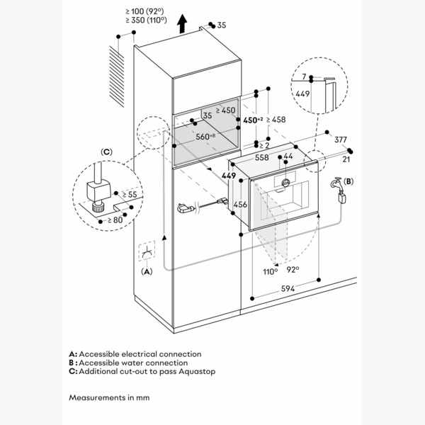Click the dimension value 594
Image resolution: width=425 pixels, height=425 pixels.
pos(287,288)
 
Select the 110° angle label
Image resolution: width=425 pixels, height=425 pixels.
pos(270,271)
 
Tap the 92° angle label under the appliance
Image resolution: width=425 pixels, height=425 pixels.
pos(292,269)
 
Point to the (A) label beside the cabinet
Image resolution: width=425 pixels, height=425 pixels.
pos(147,271)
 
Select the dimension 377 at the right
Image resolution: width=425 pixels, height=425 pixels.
pos(341,140)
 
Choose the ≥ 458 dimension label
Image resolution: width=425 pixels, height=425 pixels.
pos(274,120)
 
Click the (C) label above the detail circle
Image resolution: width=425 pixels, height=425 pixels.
pos(107,151)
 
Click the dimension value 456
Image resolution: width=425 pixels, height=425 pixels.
pos(240,204)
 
